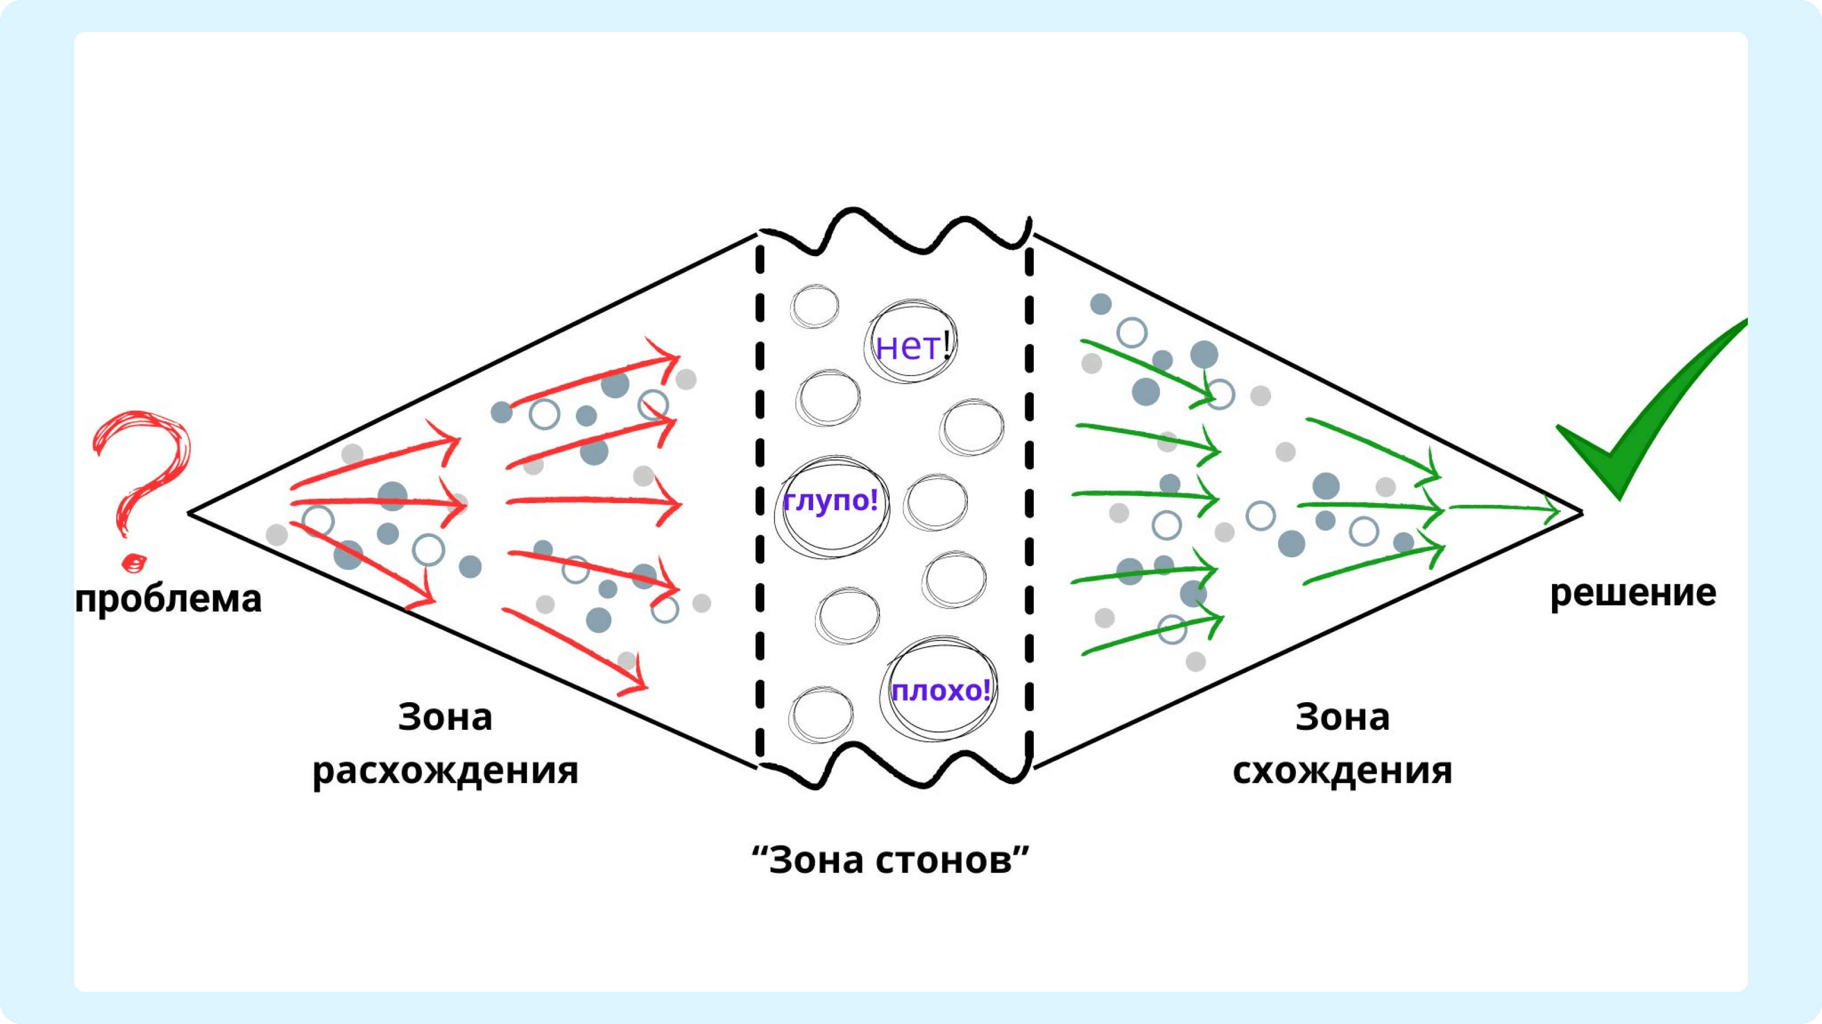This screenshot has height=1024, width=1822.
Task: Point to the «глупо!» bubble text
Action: click(830, 501)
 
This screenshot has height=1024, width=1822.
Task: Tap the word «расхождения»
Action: click(446, 771)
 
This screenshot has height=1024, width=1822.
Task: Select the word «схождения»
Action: click(1342, 771)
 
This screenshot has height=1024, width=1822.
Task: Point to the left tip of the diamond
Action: click(188, 514)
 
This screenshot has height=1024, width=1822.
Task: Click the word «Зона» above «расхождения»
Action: click(445, 717)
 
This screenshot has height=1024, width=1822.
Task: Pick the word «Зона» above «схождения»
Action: click(1342, 717)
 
